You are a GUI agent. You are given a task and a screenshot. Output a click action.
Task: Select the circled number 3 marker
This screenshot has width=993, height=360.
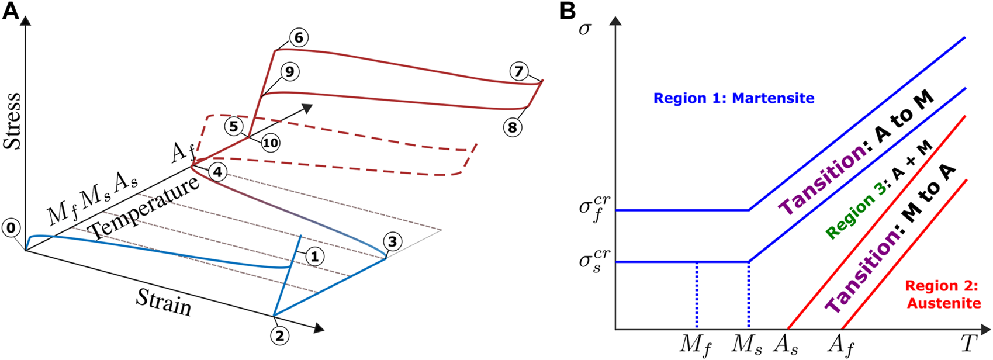pos(393,241)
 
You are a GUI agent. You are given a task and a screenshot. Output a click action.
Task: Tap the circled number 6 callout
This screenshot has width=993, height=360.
pos(298,39)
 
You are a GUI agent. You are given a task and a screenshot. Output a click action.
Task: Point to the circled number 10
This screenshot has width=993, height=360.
pos(270,142)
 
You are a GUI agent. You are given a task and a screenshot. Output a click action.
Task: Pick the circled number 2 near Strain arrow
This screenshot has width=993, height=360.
pos(279,335)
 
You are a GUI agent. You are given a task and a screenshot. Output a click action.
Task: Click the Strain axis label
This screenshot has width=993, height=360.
pos(164,302)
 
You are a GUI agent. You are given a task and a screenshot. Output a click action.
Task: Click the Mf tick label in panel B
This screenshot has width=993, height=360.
pos(696,345)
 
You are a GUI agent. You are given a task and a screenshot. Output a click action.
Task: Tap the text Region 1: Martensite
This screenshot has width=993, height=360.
pos(733,98)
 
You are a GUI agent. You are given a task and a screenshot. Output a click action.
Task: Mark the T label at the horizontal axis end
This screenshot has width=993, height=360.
pos(968,344)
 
